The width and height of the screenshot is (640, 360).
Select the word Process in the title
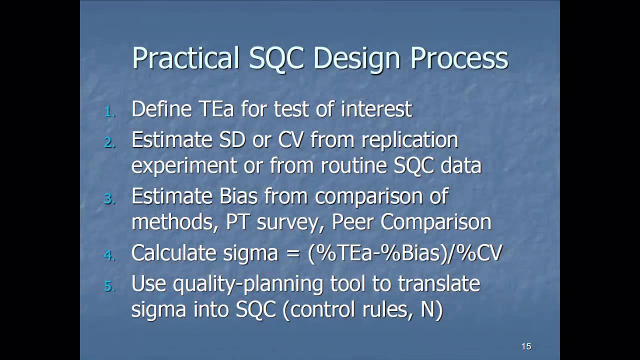coord(459,59)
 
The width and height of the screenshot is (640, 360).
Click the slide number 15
coord(526,346)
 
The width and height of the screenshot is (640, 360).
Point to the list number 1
coord(109,112)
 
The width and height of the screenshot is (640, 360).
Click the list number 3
coord(109,199)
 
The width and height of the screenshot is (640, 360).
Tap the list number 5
coord(109,286)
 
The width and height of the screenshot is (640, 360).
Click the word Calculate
coord(170,253)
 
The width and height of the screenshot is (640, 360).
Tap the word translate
coord(438,283)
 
